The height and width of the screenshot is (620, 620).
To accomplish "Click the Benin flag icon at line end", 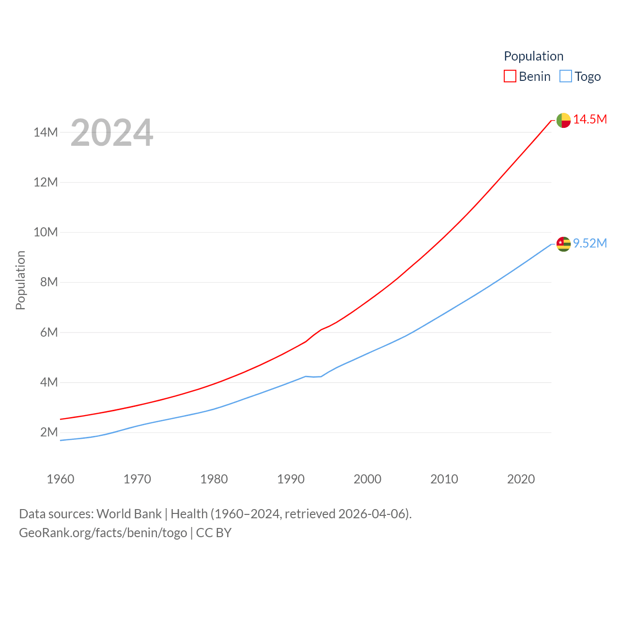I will [x=563, y=120].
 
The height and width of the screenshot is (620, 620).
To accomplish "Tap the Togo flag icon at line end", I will [x=563, y=244].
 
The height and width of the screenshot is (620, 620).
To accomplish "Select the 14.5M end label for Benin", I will [x=590, y=120].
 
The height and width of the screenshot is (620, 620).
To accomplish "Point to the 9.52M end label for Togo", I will [x=590, y=243].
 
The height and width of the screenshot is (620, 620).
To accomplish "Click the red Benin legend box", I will [x=510, y=77].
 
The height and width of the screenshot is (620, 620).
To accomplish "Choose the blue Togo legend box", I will [x=565, y=77].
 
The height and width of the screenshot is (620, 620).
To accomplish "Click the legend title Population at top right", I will [x=533, y=56].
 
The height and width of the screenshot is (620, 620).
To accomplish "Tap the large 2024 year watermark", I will [x=112, y=133].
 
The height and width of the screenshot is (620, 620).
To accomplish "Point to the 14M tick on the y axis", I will [x=46, y=132].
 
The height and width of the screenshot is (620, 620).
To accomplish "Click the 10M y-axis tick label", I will [x=46, y=232].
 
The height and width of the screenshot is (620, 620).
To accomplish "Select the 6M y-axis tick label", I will [x=49, y=332].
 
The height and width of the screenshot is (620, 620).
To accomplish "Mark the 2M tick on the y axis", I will [x=49, y=432].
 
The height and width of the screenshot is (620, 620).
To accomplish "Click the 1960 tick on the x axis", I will [x=61, y=479].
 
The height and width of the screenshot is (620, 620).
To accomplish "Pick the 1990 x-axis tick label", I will [x=291, y=479].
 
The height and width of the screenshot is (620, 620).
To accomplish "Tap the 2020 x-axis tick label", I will [x=521, y=479].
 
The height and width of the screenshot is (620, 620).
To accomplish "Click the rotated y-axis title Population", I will [x=20, y=280].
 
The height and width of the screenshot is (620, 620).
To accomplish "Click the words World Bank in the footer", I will [x=129, y=514].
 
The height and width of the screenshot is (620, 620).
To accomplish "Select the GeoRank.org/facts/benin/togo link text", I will [x=103, y=533].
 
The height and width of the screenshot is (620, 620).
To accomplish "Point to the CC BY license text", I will [x=214, y=533].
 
